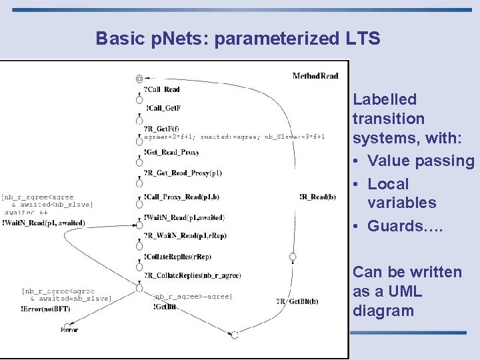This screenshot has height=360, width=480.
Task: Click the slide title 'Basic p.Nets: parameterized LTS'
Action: click(238, 39)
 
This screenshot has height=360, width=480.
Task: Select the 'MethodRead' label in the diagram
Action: click(315, 76)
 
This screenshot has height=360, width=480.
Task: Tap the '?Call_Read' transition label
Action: click(162, 89)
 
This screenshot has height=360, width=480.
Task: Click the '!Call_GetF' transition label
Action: click(163, 108)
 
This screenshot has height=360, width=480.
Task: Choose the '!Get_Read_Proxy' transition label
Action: click(171, 152)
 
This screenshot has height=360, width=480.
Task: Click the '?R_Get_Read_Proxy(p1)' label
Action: click(183, 173)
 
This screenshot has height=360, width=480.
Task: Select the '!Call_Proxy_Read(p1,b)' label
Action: click(181, 197)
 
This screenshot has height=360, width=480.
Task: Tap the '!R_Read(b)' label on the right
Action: click(317, 197)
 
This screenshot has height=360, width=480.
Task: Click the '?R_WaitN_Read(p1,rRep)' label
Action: click(185, 235)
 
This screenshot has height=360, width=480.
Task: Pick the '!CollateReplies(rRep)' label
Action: click(177, 256)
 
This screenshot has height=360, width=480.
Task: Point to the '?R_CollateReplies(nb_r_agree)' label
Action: click(193, 275)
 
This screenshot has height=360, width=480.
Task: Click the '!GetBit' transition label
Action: click(165, 307)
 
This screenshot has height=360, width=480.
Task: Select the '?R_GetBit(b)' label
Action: click(297, 301)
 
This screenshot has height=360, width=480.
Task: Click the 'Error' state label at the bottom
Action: click(69, 329)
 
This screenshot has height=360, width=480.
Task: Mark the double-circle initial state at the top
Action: click(139, 79)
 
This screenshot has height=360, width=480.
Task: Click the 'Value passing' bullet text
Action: click(421, 161)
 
